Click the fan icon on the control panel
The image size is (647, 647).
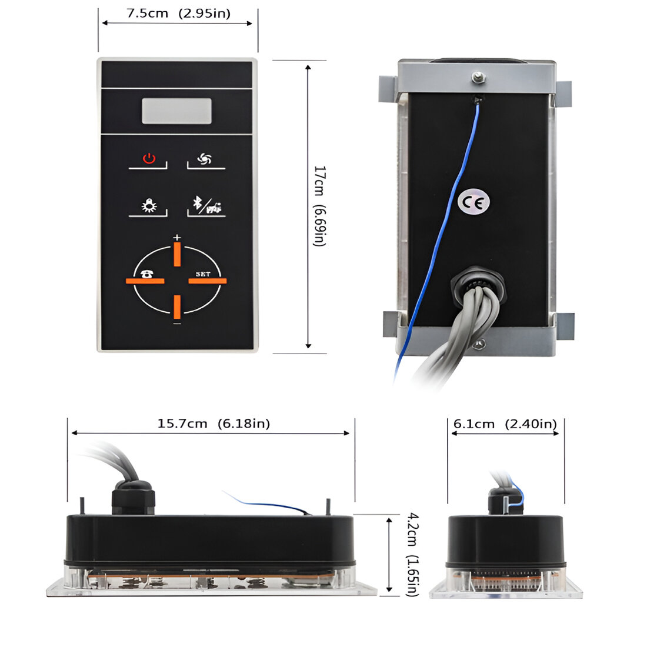click(205, 159)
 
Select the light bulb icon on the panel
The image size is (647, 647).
click(149, 205)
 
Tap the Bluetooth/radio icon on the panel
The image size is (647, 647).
click(207, 205)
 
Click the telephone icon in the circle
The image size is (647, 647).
click(146, 273)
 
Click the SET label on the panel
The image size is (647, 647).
click(203, 274)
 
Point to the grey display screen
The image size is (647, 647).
click(176, 111)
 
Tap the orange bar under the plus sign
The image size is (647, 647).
click(177, 255)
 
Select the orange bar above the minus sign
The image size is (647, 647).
click(177, 306)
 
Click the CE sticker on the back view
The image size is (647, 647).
click(473, 203)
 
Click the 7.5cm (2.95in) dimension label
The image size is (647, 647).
click(178, 14)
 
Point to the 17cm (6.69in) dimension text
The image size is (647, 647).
click(319, 206)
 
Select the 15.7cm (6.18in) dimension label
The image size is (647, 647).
click(214, 423)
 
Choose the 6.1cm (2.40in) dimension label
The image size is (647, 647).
click(505, 424)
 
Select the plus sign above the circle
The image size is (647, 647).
click(177, 237)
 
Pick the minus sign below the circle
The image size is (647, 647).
click(177, 323)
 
